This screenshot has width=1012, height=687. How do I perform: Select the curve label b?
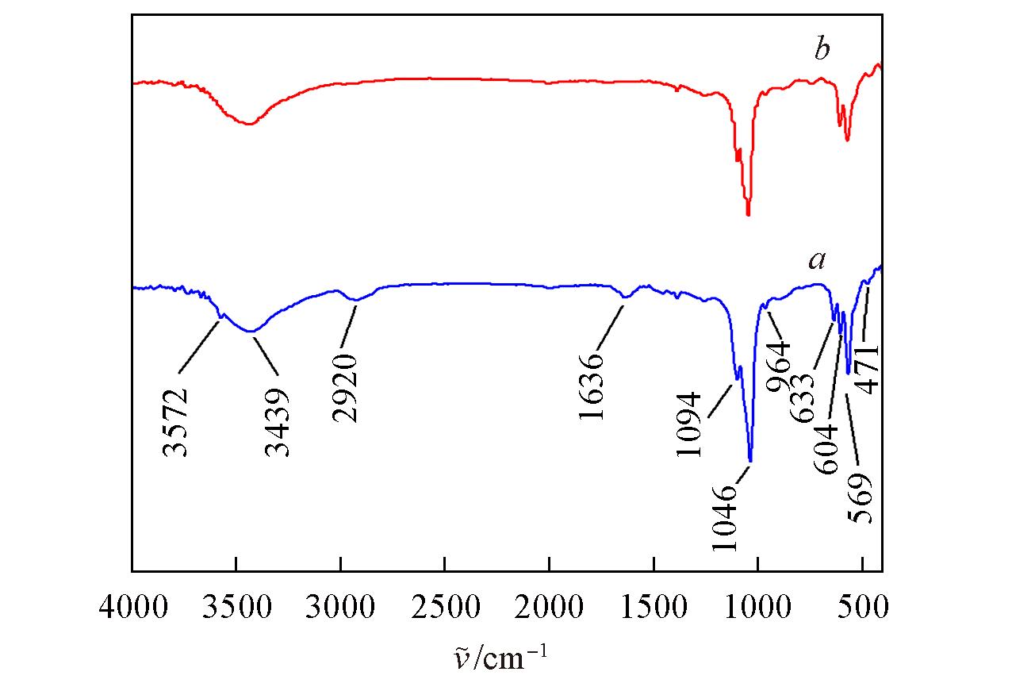tap(822, 51)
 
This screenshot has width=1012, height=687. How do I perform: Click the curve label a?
tap(817, 260)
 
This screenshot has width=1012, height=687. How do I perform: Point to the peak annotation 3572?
tap(176, 423)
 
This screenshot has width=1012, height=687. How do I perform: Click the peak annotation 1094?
tap(690, 424)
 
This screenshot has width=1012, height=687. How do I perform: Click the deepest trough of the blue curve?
tap(749, 461)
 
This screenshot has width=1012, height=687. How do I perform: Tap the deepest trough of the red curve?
tap(748, 214)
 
